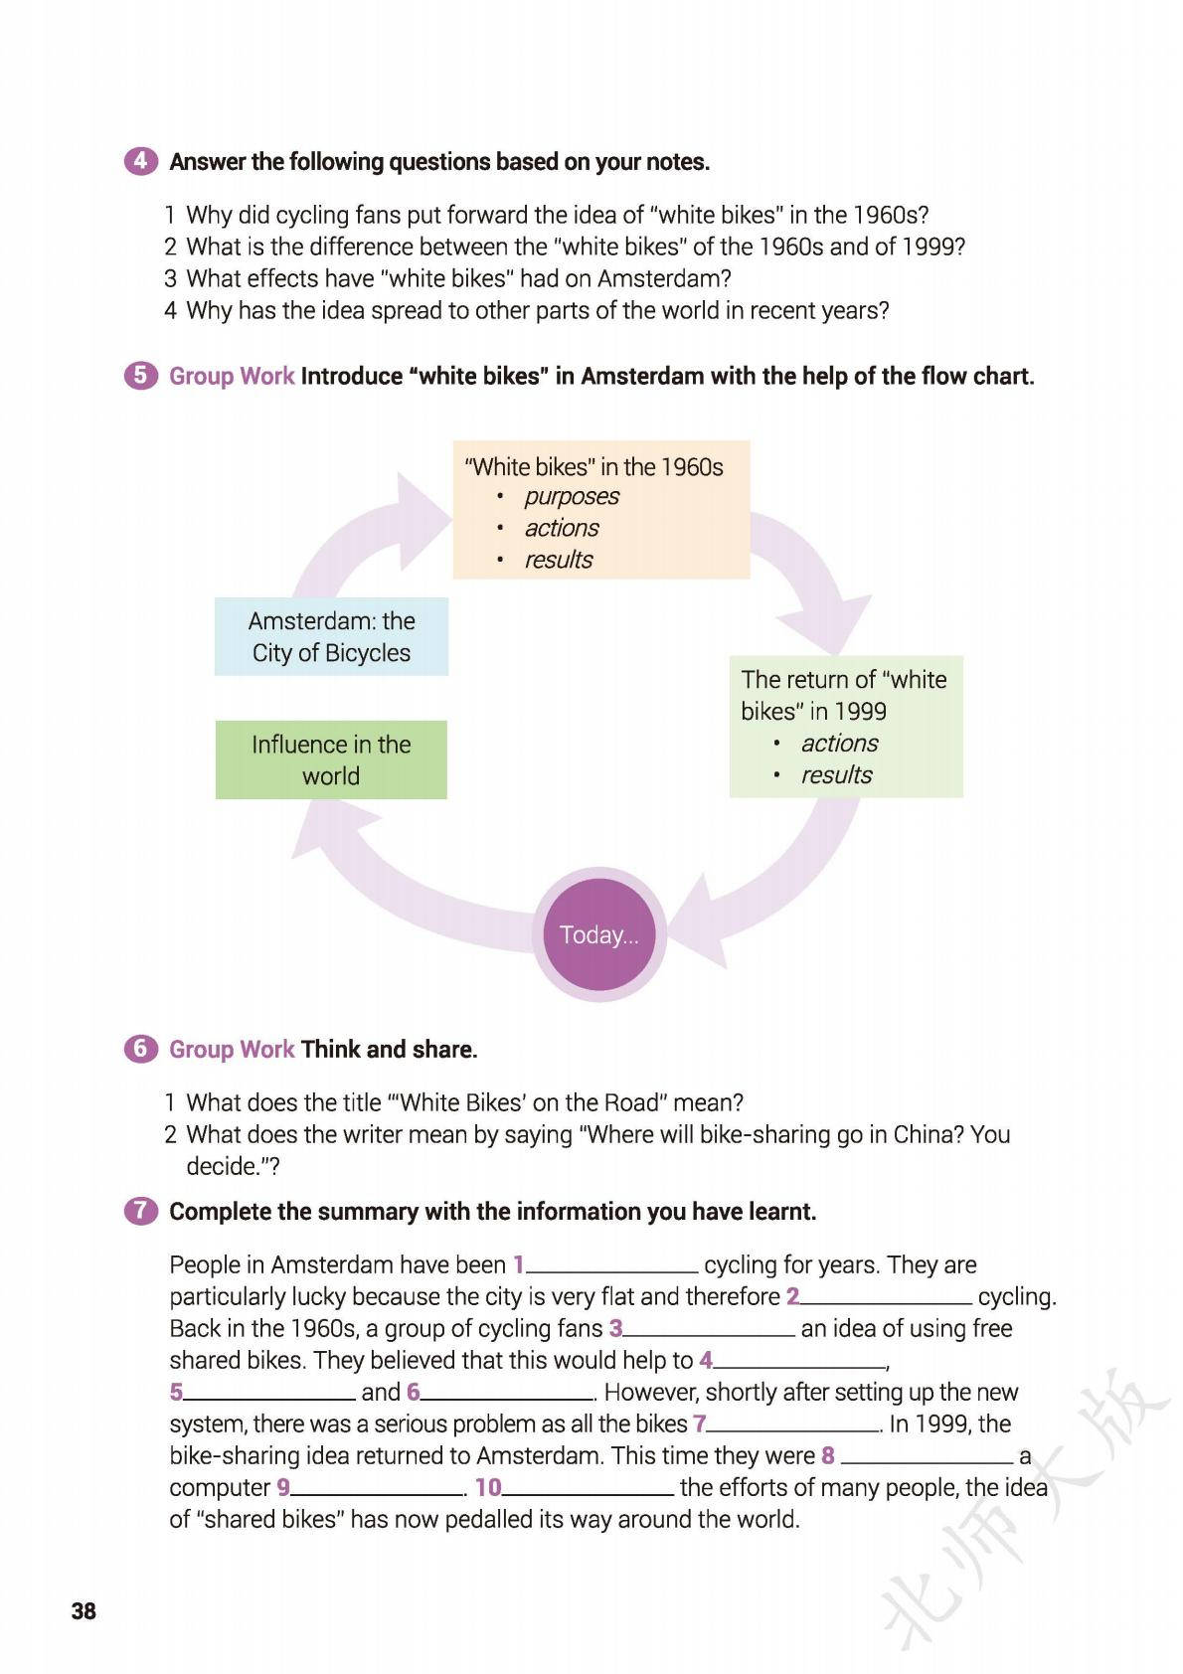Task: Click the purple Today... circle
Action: point(598,934)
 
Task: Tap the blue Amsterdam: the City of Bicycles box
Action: point(331,636)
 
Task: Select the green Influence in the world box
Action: point(331,759)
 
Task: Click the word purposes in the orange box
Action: point(572,496)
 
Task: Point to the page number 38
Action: point(84,1610)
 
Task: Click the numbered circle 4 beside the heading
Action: point(140,161)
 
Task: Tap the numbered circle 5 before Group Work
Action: point(140,376)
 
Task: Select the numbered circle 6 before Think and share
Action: point(140,1049)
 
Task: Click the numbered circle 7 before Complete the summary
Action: point(140,1211)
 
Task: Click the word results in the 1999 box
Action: point(836,774)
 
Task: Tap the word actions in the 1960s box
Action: point(562,528)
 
